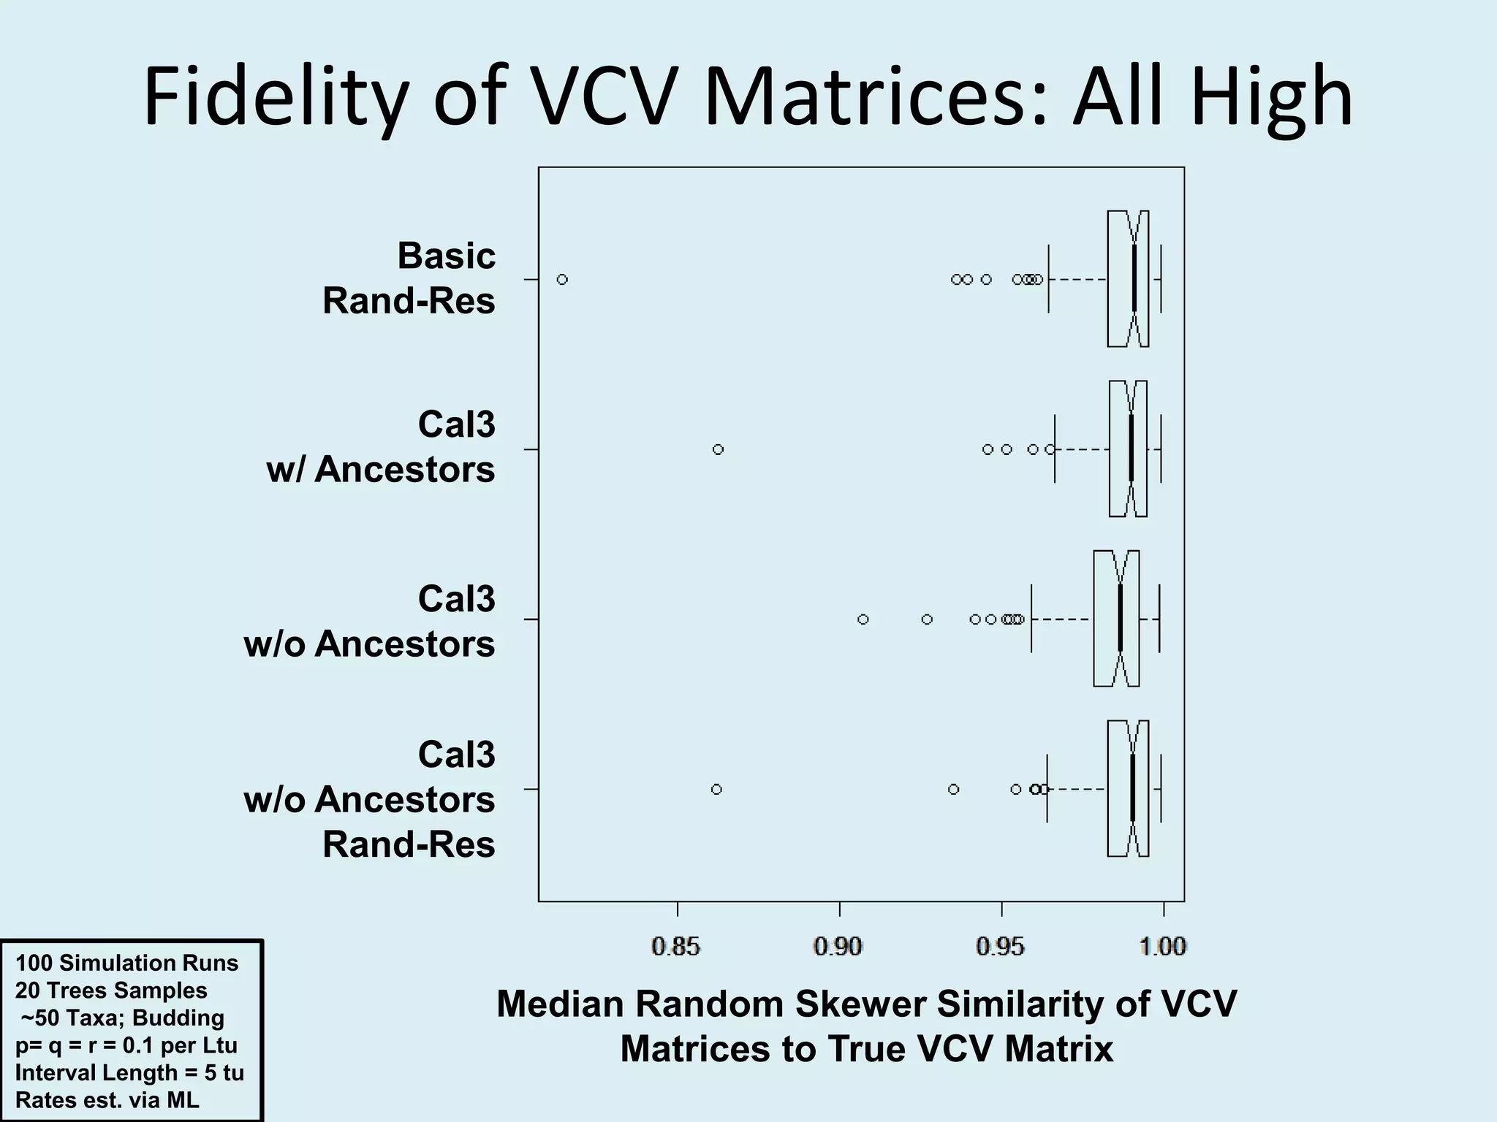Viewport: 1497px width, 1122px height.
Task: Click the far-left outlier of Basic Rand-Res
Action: click(562, 279)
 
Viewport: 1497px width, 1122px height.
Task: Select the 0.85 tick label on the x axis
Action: click(676, 947)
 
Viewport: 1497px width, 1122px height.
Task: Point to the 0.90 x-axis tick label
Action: click(838, 947)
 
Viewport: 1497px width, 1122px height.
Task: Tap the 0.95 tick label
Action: click(1001, 947)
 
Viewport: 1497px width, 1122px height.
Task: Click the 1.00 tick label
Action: click(1162, 947)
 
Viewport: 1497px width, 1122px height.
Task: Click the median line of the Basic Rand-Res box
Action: click(1134, 279)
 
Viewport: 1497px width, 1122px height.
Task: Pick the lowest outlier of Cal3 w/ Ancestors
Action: click(718, 449)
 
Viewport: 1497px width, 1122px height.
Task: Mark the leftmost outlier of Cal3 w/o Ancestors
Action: click(863, 619)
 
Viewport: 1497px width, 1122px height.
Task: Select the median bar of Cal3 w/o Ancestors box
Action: click(1121, 619)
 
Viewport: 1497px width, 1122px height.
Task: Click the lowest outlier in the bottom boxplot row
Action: click(716, 789)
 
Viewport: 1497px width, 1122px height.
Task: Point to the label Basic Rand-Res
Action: click(409, 278)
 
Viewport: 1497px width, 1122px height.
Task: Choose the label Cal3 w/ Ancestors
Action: click(381, 447)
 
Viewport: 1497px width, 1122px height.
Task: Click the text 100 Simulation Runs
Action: click(126, 963)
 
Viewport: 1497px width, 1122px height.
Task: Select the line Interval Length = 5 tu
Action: click(129, 1072)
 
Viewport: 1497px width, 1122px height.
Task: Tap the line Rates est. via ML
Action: click(107, 1099)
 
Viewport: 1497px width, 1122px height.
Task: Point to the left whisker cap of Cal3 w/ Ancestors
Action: click(1055, 449)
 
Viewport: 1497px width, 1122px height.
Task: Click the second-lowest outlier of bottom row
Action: click(953, 789)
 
